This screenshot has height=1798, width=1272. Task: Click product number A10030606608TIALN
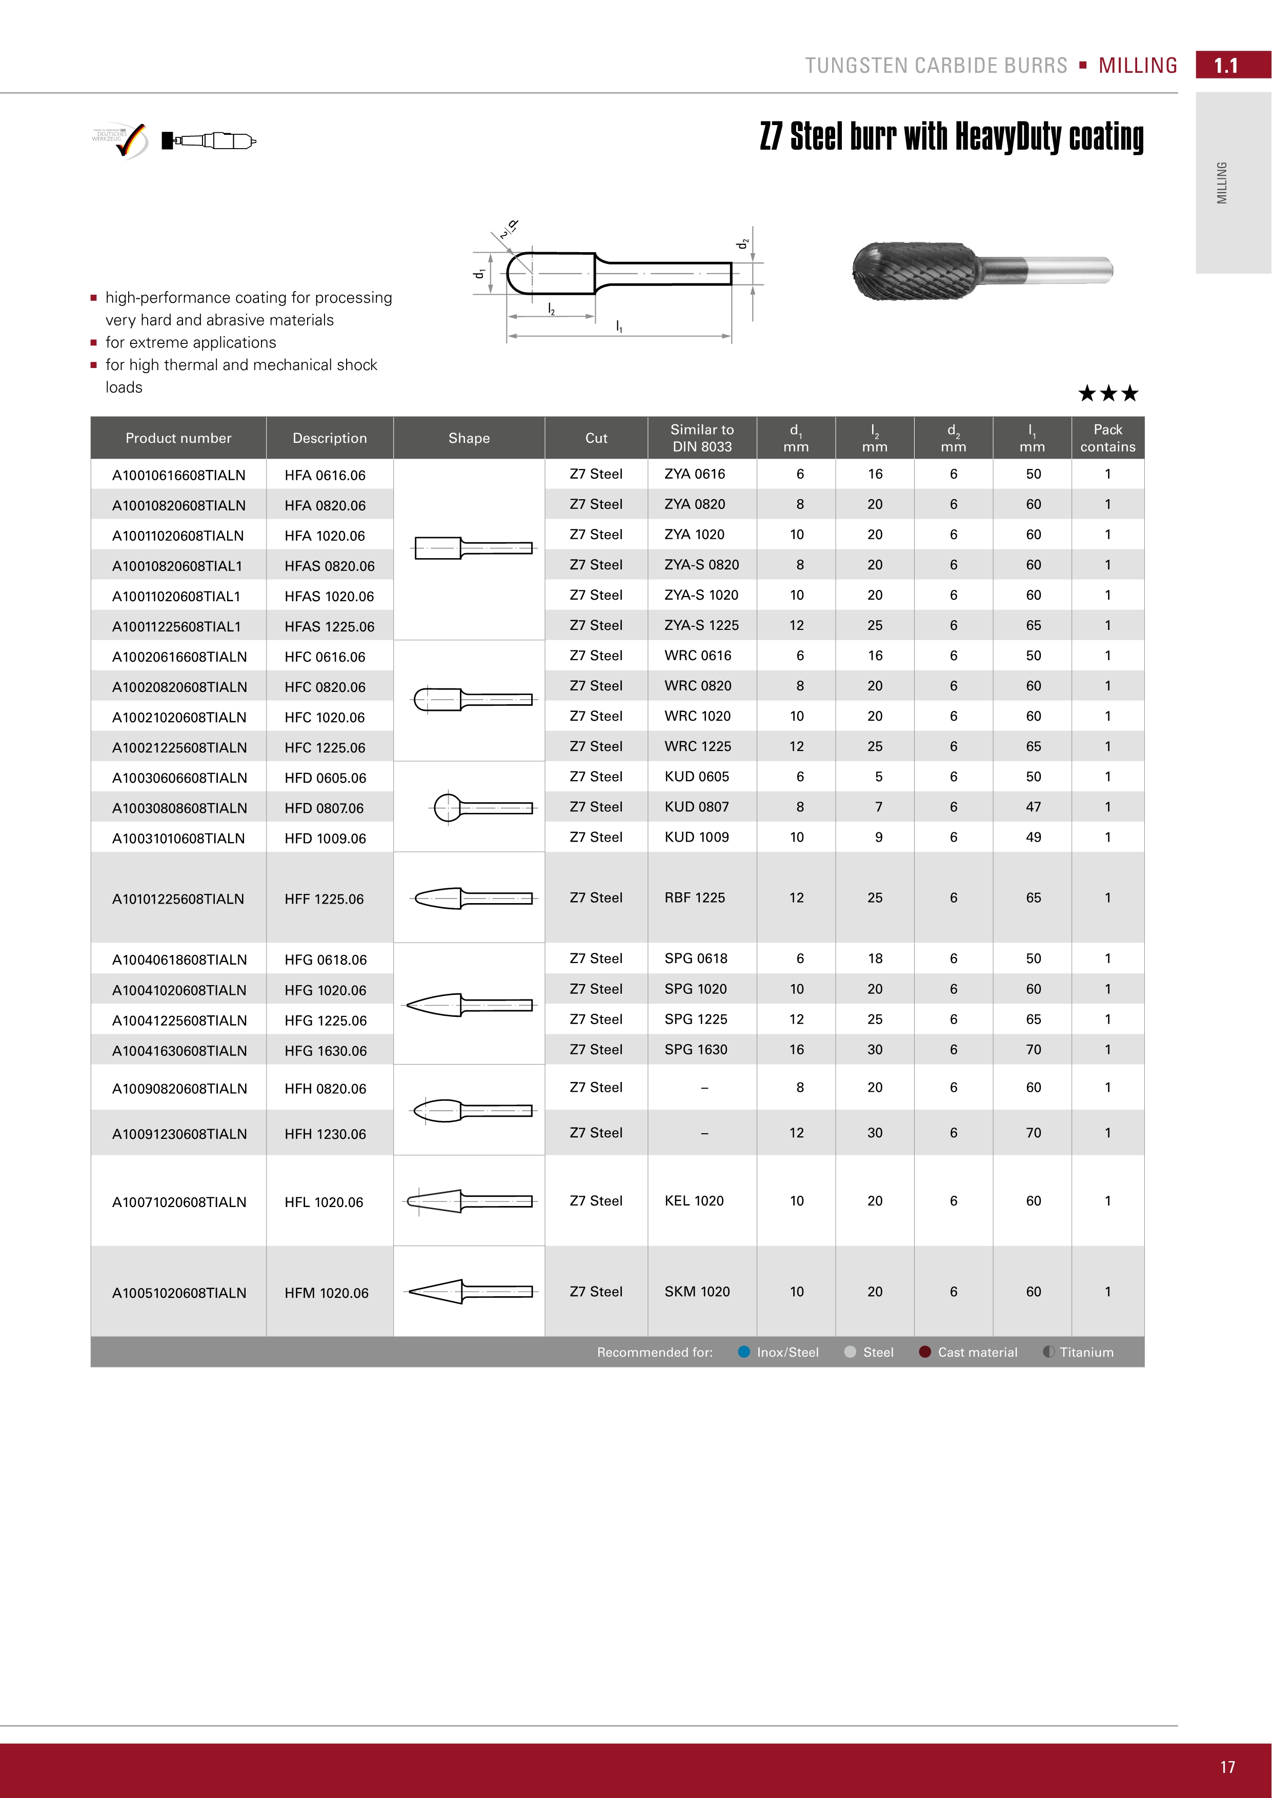point(178,778)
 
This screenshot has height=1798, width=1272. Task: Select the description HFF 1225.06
point(324,899)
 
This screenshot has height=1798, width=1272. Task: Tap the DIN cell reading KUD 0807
point(696,807)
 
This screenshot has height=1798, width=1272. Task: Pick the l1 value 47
point(1033,807)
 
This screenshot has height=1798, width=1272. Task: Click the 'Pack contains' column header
point(1107,438)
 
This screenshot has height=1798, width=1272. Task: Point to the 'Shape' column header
point(469,438)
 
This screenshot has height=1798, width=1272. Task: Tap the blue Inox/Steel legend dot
point(744,1352)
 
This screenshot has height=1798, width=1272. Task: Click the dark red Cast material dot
point(924,1352)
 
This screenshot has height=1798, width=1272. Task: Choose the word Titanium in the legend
point(1086,1353)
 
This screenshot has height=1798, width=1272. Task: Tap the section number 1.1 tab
point(1226,66)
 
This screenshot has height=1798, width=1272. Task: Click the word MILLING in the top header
point(1137,66)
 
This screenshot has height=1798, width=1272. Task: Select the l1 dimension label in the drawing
point(619,326)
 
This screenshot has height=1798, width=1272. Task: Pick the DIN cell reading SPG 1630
point(696,1049)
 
